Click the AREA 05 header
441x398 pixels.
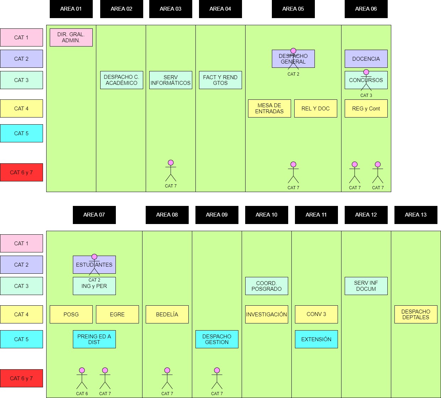(293, 9)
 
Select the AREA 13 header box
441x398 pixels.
(416, 215)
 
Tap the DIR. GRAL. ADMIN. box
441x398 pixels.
(71, 37)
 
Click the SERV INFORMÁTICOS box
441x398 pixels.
(171, 80)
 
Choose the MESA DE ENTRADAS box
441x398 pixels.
(269, 109)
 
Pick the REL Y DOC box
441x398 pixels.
(316, 109)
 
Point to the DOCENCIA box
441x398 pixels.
(366, 59)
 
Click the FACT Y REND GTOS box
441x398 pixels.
(220, 80)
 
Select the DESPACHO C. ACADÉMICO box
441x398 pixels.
(122, 80)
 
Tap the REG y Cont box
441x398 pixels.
(366, 109)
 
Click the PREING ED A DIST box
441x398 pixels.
(94, 339)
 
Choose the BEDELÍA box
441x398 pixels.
(167, 314)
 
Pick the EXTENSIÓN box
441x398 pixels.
(316, 339)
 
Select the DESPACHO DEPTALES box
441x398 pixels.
(416, 314)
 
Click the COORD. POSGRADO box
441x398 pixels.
(267, 286)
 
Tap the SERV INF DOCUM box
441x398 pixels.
(366, 286)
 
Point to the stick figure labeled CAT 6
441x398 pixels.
(82, 378)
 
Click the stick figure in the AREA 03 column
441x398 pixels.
(171, 171)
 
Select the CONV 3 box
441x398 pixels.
(316, 314)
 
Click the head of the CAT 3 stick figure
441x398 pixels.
(366, 72)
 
